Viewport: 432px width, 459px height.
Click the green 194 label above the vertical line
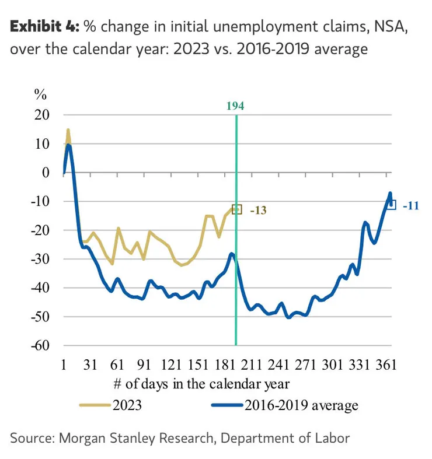(x=235, y=106)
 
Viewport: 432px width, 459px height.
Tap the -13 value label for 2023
(x=258, y=210)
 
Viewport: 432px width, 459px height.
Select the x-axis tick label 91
(x=144, y=366)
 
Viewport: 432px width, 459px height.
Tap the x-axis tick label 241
(x=278, y=366)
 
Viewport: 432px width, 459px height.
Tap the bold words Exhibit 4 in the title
(x=44, y=27)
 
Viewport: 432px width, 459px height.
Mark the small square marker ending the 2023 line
(x=236, y=209)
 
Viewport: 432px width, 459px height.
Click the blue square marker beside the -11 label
(x=392, y=205)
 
